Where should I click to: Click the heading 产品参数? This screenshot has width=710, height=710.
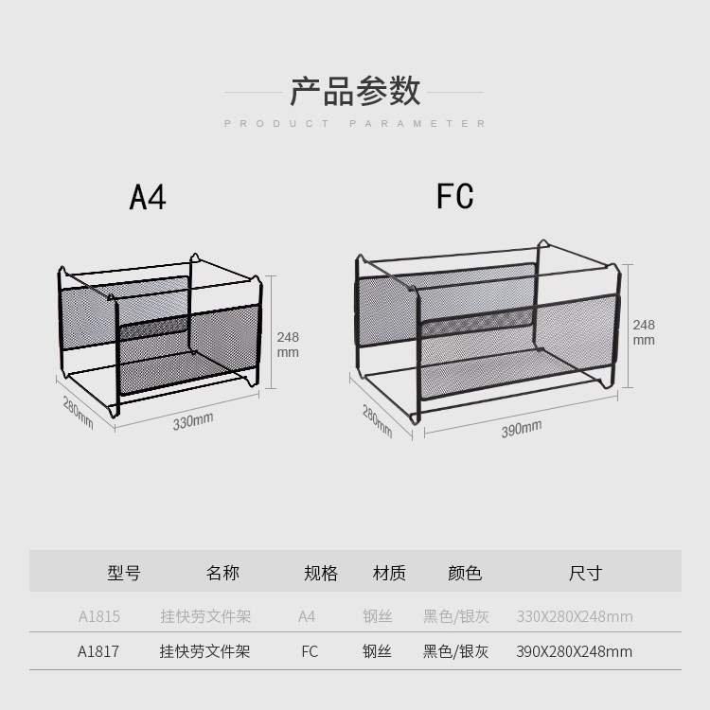(x=355, y=91)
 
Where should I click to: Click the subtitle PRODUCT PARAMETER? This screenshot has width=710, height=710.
(x=355, y=124)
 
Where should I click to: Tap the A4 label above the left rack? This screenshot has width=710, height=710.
(x=148, y=197)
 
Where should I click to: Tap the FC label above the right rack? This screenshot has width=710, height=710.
(x=454, y=196)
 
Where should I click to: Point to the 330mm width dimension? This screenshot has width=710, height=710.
(x=192, y=421)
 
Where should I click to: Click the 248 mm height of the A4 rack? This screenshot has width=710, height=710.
(x=288, y=345)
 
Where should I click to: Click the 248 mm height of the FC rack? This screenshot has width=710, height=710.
(x=644, y=332)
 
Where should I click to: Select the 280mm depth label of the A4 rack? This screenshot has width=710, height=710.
(x=78, y=414)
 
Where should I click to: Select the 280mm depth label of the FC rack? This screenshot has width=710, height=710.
(x=376, y=420)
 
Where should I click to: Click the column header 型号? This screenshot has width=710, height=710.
(x=124, y=573)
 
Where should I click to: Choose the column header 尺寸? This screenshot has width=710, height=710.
(x=585, y=573)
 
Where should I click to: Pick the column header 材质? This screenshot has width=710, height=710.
(x=389, y=573)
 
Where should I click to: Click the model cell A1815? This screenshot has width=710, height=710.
(x=98, y=617)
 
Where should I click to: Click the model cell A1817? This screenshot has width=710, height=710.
(x=98, y=651)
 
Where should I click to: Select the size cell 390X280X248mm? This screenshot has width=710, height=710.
(x=574, y=651)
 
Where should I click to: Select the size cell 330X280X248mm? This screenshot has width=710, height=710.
(x=574, y=617)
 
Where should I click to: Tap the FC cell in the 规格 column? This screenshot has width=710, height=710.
(x=310, y=651)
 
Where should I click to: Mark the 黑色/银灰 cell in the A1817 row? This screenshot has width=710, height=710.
(x=455, y=651)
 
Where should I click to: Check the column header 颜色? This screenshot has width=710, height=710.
(x=465, y=573)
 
